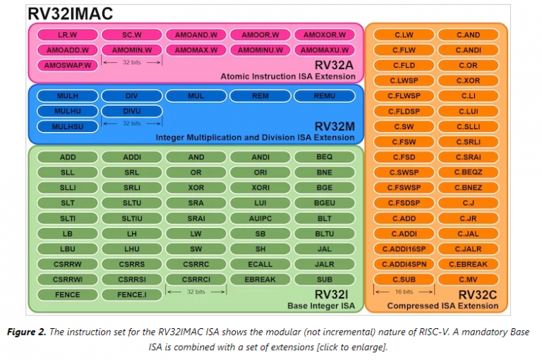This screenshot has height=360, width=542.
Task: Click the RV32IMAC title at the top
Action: pos(70,13)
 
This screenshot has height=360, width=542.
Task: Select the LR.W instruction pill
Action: pos(67,35)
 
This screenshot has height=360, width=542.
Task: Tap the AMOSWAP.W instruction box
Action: pos(67,66)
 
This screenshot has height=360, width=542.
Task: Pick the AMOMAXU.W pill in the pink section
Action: pos(325,50)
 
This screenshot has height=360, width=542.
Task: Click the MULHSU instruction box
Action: pos(67,126)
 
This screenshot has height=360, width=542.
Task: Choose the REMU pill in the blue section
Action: pos(325,96)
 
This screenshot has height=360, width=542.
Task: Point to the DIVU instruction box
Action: pos(131,111)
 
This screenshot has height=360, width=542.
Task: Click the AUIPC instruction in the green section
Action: pos(260,218)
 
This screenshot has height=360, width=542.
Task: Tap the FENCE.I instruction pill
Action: pos(131,294)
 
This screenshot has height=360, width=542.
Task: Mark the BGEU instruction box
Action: pos(325,203)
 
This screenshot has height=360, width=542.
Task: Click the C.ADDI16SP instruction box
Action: pos(404,249)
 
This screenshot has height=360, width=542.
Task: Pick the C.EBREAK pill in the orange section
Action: pos(468,264)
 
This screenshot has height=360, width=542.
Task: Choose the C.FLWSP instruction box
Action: pos(404,96)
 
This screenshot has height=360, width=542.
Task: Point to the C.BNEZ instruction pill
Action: pos(468,188)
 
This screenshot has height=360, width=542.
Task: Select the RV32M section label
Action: pos(334,126)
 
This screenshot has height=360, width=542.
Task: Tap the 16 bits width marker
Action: pos(404,292)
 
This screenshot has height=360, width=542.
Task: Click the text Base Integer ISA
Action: pos(322,306)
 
